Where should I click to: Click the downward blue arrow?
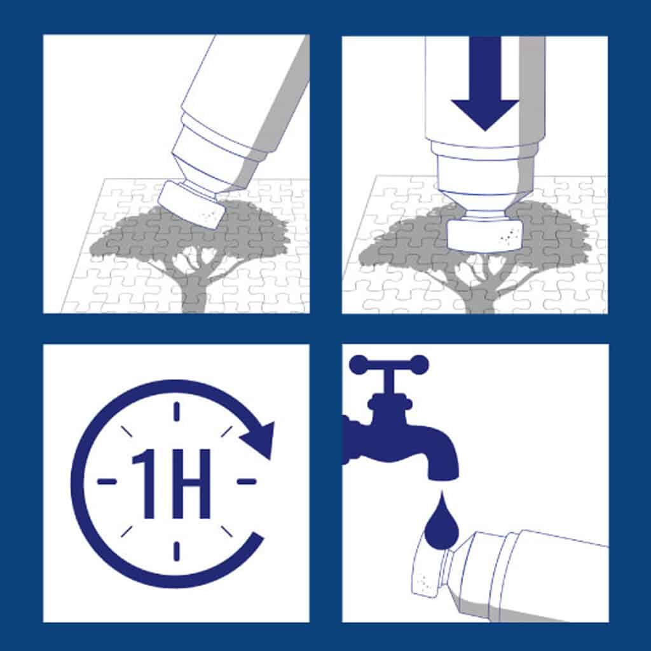coord(484,83)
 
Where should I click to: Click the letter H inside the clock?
coord(191,484)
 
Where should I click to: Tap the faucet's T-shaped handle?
coord(389,376)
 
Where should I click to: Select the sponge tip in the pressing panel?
coord(484,235)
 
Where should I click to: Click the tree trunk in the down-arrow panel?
coord(481,297)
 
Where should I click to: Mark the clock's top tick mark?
coord(177,411)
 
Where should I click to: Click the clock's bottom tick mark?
coord(177,551)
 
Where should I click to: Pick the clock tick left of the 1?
coord(107,482)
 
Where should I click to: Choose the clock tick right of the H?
coord(246,482)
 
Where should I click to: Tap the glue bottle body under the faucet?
coord(535,577)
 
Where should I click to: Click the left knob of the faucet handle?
coord(357,364)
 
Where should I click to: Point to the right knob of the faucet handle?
coord(420,365)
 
